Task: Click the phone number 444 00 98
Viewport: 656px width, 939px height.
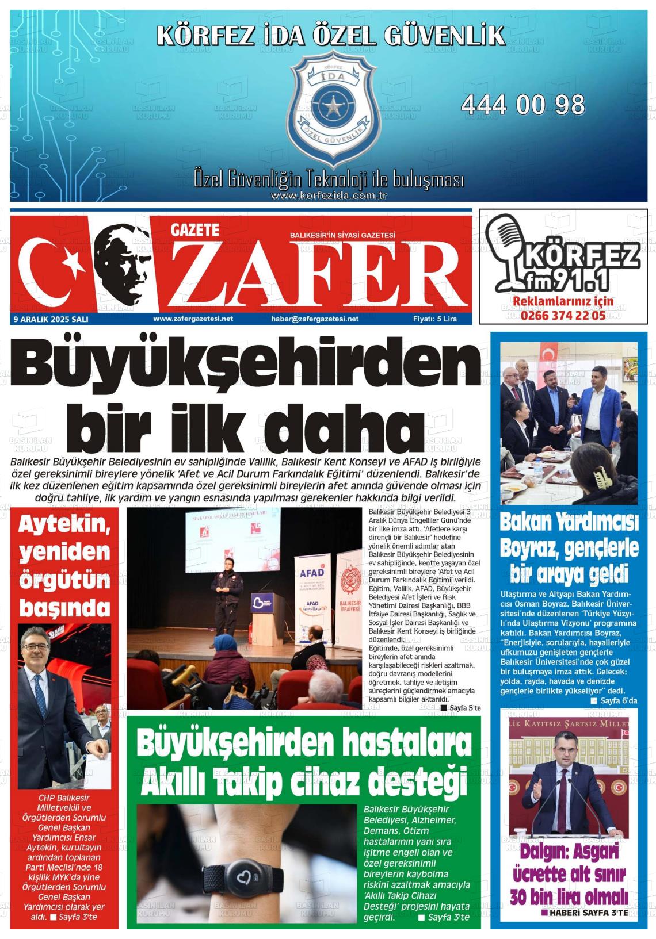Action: tap(522, 105)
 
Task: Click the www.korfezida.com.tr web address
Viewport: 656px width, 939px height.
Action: tap(328, 196)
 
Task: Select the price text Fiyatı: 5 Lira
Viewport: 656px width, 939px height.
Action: tap(434, 319)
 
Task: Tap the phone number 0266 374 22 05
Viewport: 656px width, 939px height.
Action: tap(563, 315)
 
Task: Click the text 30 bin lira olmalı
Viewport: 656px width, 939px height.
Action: tap(569, 896)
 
